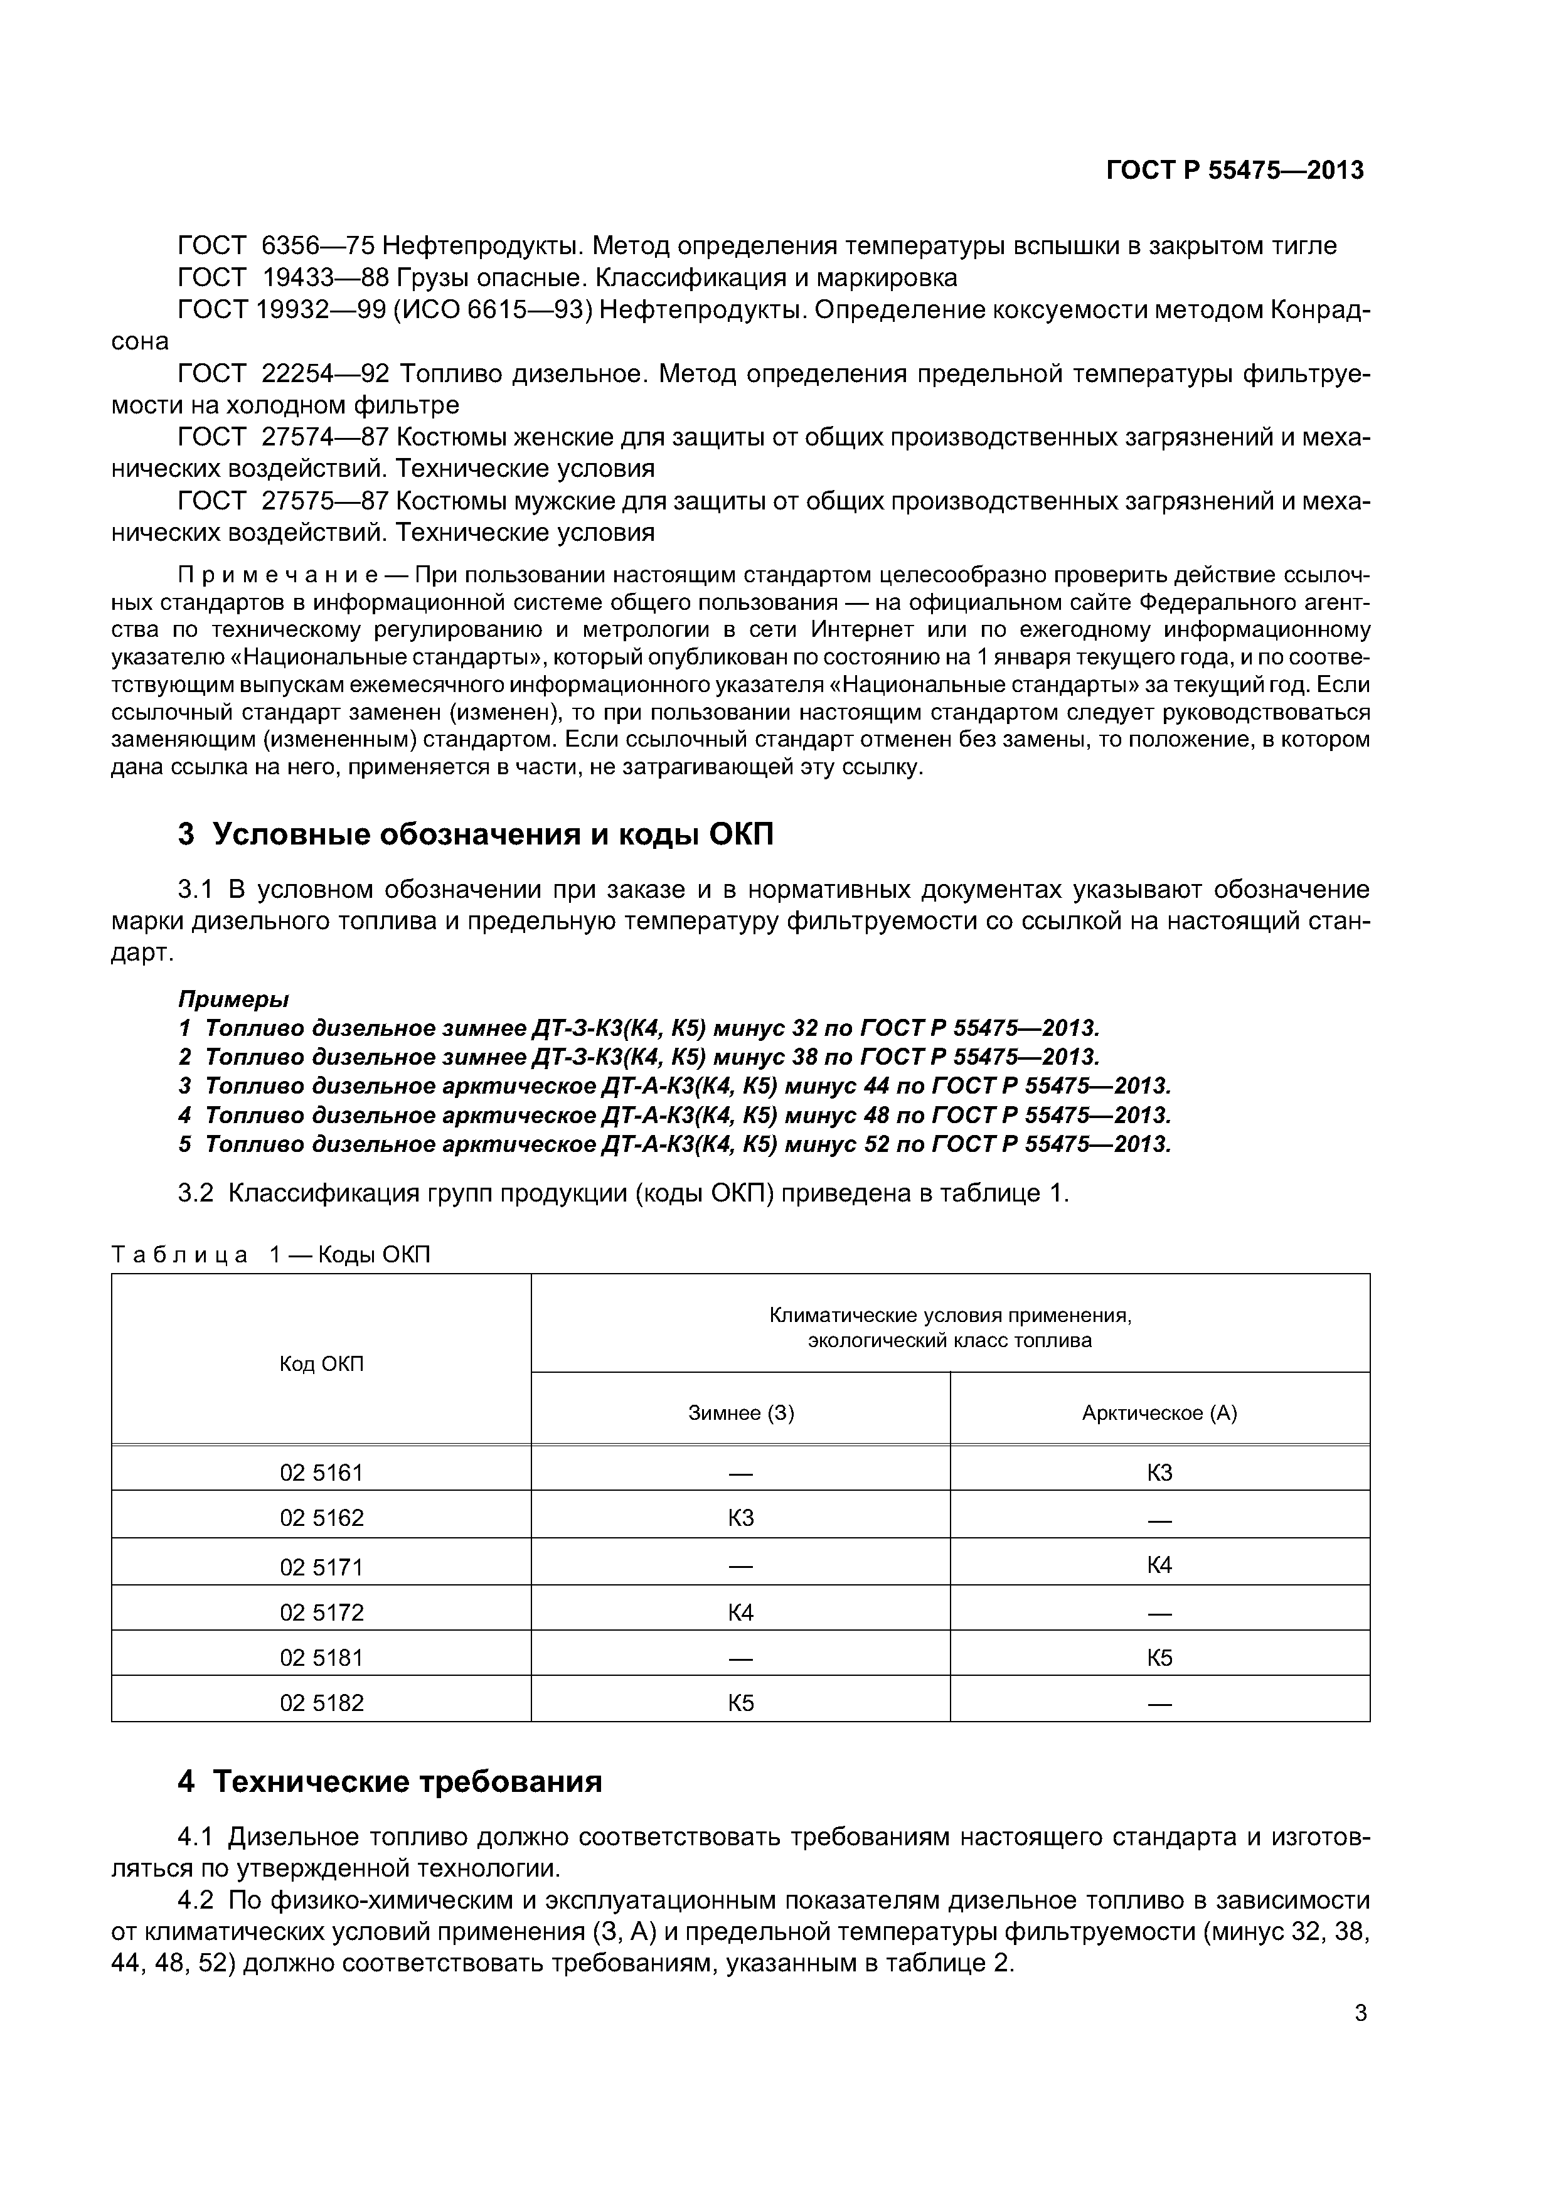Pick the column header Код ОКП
(321, 1363)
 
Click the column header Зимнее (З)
(741, 1413)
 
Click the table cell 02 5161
(321, 1473)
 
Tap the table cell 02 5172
(321, 1612)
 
